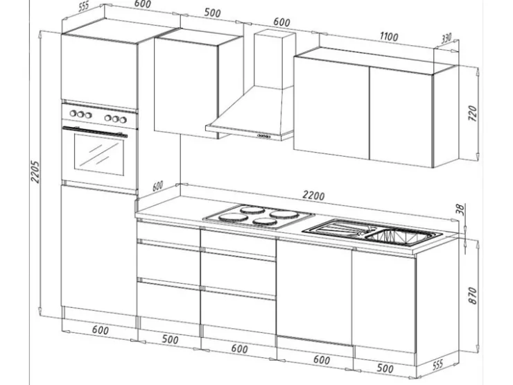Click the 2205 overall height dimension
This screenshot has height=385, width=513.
pos(35,171)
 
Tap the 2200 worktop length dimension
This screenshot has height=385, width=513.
pos(313,195)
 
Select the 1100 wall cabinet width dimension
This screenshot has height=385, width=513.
pos(389,36)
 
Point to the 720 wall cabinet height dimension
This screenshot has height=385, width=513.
pos(473,113)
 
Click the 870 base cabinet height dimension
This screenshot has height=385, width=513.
pos(473,296)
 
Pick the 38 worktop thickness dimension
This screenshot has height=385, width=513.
pos(460,209)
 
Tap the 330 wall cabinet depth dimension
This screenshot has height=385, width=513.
pos(446,38)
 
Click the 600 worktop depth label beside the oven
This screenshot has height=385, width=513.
pos(157,186)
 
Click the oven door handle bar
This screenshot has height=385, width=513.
pos(95,131)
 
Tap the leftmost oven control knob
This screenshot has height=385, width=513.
pos(73,113)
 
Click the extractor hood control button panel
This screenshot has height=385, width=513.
pos(263,136)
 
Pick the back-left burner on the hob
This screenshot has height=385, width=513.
pos(252,209)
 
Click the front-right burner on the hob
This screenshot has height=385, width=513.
pos(265,222)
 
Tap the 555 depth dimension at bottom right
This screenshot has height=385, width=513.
pos(437,364)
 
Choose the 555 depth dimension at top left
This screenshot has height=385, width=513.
pos(84,6)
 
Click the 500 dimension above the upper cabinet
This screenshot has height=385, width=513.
pos(212,12)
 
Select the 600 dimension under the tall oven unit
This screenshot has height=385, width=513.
pos(100,330)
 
